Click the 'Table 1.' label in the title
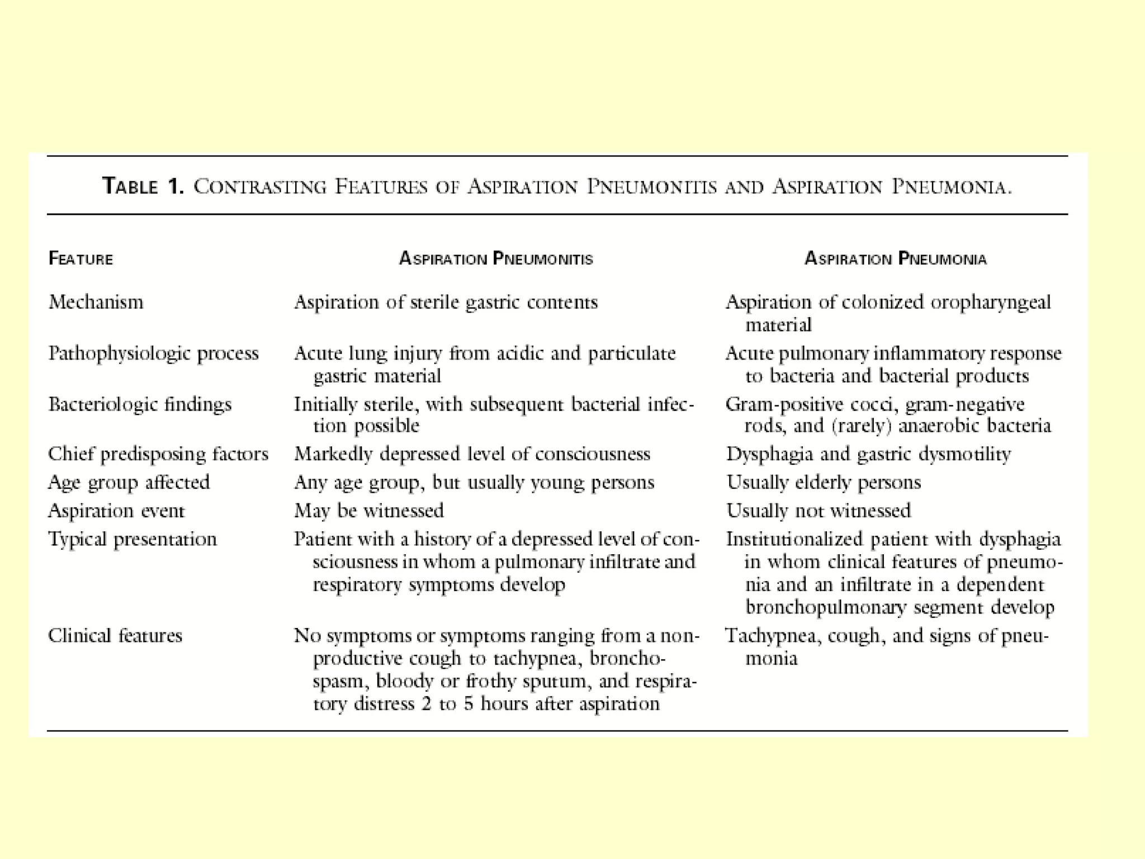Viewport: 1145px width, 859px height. tap(143, 186)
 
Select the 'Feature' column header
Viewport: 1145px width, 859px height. tap(81, 258)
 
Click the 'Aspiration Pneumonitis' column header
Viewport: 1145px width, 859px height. tap(496, 258)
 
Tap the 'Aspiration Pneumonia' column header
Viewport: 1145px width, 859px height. tap(896, 258)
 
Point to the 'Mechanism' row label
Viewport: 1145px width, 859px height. tap(96, 302)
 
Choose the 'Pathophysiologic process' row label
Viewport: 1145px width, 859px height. tap(153, 353)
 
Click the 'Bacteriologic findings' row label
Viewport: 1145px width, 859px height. tap(140, 404)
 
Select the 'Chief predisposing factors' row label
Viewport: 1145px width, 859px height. tap(158, 454)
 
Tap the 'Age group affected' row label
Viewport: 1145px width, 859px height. tap(129, 482)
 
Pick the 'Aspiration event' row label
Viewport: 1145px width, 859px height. tap(116, 511)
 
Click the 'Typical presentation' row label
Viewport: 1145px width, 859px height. tap(133, 539)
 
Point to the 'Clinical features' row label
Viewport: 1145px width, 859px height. tap(115, 636)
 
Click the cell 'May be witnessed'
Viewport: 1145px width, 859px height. tap(369, 511)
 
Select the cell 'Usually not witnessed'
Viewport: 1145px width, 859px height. tap(818, 511)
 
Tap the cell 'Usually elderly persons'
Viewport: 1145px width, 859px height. tap(824, 482)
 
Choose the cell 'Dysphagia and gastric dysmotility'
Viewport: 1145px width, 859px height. tap(868, 454)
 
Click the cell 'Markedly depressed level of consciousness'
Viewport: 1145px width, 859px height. tap(472, 454)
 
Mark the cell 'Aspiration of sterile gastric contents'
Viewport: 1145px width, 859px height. tap(446, 302)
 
